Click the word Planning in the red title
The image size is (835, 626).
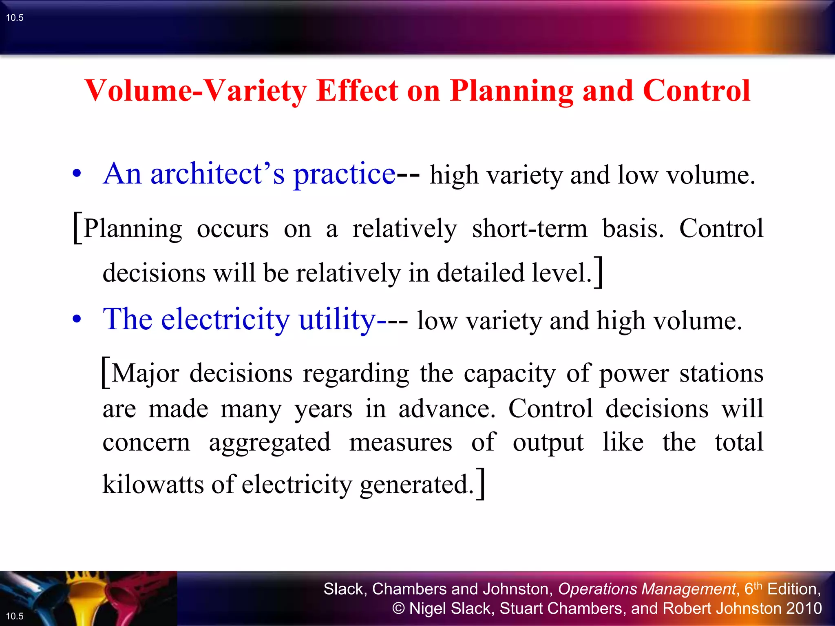click(511, 90)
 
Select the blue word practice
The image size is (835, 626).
click(344, 174)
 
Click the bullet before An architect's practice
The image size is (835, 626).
click(77, 174)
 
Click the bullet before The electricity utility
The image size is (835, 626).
click(77, 320)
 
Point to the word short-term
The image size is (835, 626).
click(530, 228)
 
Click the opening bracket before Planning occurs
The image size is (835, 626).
click(77, 228)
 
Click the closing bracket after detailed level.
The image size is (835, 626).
click(598, 272)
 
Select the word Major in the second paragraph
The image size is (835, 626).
click(145, 373)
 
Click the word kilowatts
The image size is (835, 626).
click(153, 484)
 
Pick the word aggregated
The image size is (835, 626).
click(269, 442)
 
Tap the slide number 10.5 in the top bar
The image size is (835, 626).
click(15, 18)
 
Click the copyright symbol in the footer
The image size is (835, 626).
click(398, 608)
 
